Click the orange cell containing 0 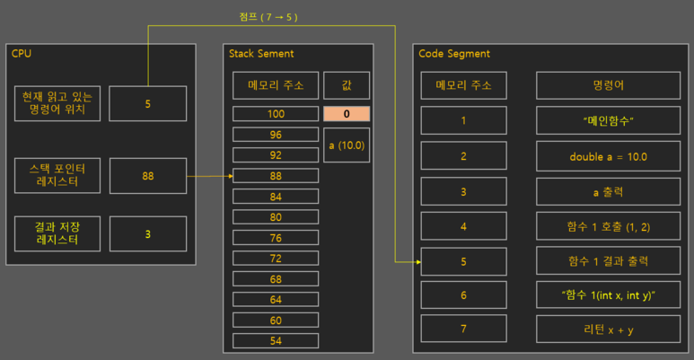tap(345, 114)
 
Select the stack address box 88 tap(275, 176)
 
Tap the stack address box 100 tap(275, 114)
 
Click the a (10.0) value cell tap(345, 145)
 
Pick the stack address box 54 tap(275, 342)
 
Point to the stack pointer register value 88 tap(147, 176)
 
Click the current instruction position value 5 tap(147, 103)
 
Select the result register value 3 tap(147, 234)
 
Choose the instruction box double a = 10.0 tap(608, 156)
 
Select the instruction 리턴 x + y tap(608, 329)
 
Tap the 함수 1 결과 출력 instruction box tap(608, 261)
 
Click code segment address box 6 tap(463, 295)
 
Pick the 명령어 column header tap(608, 86)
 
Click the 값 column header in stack tap(345, 86)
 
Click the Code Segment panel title tap(454, 54)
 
